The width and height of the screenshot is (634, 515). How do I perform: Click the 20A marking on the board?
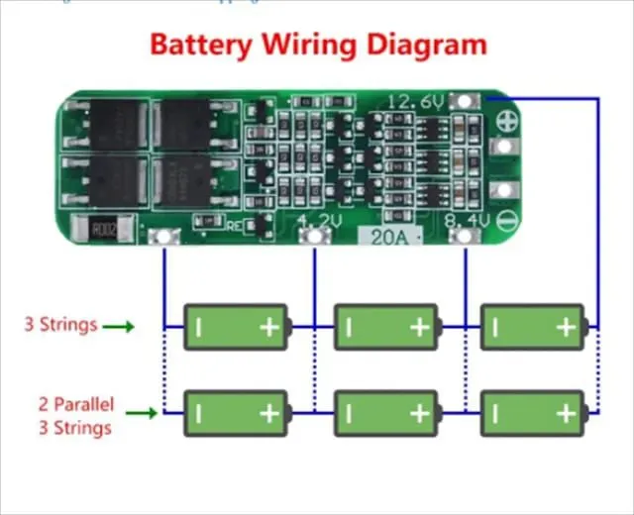point(390,238)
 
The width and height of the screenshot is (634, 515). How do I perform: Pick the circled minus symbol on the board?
point(505,220)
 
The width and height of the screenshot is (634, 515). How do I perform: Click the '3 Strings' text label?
point(61,324)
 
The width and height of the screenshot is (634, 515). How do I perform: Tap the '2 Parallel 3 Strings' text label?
point(74,415)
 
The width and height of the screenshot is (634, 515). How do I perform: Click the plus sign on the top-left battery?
point(268,327)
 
